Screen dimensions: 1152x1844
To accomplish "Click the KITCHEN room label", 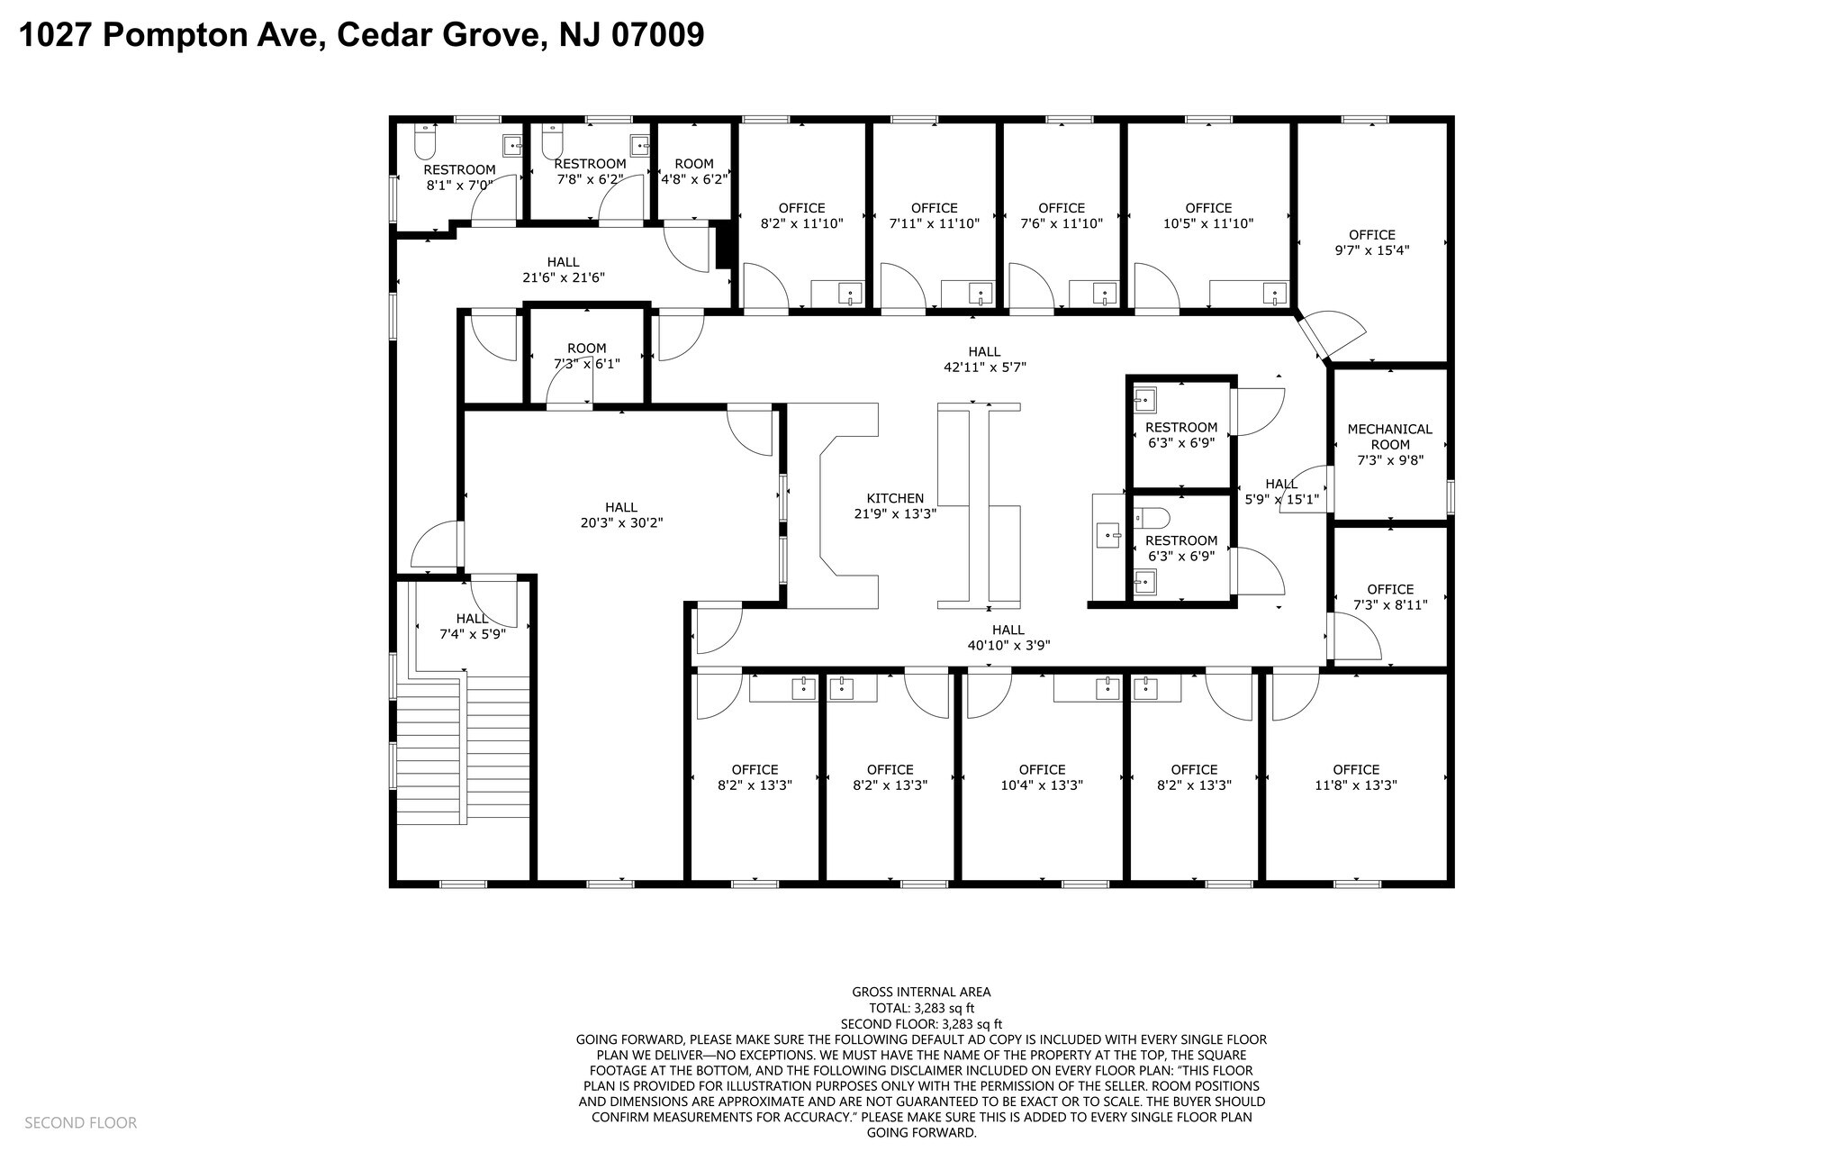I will point(895,498).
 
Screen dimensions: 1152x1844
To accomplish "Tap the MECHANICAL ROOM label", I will point(1389,437).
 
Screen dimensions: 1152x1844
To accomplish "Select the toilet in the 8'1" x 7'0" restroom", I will point(425,141).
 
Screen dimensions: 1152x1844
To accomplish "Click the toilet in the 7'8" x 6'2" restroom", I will point(553,140).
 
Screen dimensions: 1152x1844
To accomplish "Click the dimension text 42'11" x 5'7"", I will point(983,367).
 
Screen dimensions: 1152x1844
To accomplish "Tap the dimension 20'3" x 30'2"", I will point(621,522).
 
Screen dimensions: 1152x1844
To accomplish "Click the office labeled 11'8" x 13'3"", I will point(1355,777).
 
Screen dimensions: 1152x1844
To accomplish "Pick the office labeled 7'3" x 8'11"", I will point(1390,597).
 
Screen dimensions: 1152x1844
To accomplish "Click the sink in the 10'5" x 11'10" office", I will point(1275,293).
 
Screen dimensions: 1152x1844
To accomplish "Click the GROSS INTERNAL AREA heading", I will point(921,992).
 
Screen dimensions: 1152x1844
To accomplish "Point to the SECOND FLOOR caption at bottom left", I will point(80,1122).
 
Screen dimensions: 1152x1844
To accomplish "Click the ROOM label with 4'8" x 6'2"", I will point(693,171).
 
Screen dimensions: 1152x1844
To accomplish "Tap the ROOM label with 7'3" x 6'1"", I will point(586,356).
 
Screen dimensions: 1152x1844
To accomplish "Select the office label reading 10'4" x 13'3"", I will point(1042,777).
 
